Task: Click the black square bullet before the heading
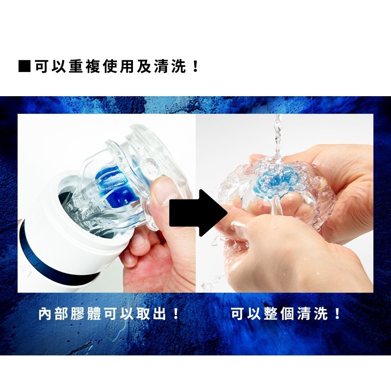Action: pyautogui.click(x=24, y=66)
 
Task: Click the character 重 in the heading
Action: pyautogui.click(x=75, y=66)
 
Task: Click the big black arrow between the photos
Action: pyautogui.click(x=199, y=212)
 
